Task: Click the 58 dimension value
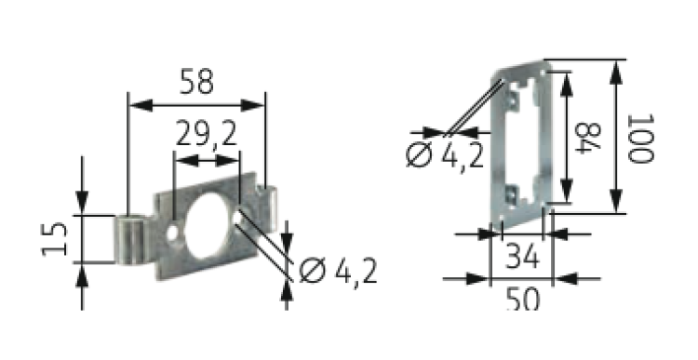[196, 82]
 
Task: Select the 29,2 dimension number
[207, 134]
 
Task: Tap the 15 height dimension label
[54, 239]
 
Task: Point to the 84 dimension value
[588, 138]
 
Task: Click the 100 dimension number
[640, 139]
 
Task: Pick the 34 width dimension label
[523, 257]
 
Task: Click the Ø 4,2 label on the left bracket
[339, 271]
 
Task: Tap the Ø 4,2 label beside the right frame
[445, 155]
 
